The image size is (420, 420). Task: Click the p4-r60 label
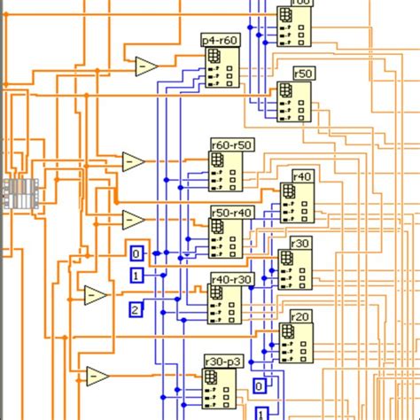tap(221, 40)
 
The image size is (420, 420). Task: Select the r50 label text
tap(303, 74)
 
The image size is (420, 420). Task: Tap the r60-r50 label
tap(231, 144)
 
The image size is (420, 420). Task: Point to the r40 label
tap(302, 176)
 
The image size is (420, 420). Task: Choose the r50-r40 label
tap(231, 213)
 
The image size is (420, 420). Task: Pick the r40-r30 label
tap(231, 279)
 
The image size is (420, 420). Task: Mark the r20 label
tap(300, 316)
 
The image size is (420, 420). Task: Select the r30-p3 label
tap(222, 362)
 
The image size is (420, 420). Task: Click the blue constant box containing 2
tap(136, 309)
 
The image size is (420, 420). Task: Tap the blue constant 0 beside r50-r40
tap(136, 253)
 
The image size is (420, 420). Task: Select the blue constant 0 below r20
tap(260, 386)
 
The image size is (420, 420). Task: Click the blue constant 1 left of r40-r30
tap(136, 276)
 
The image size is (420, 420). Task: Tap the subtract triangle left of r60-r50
tap(133, 162)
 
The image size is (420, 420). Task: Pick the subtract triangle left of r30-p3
tap(97, 376)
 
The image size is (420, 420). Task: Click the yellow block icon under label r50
tap(293, 103)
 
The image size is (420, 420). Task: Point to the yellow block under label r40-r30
tap(223, 304)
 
